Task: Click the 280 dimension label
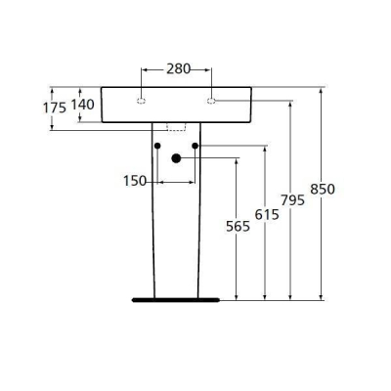pyautogui.click(x=177, y=69)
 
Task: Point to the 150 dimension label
pyautogui.click(x=135, y=181)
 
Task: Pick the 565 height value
pyautogui.click(x=236, y=226)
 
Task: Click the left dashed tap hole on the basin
pyautogui.click(x=141, y=100)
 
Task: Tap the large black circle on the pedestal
pyautogui.click(x=176, y=158)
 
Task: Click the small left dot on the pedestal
pyautogui.click(x=156, y=147)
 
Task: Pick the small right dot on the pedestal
pyautogui.click(x=195, y=147)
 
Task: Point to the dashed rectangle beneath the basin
pyautogui.click(x=176, y=125)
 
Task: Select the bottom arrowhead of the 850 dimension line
pyautogui.click(x=322, y=295)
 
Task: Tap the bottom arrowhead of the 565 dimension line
pyautogui.click(x=236, y=295)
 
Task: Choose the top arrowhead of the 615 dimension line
pyautogui.click(x=265, y=150)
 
